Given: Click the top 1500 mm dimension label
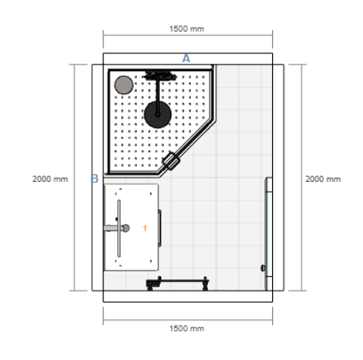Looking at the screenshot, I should click(x=186, y=28).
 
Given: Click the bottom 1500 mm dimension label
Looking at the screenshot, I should click(x=186, y=327).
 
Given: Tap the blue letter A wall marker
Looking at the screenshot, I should click(x=186, y=58).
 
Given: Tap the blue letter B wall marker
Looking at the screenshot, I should click(x=94, y=178).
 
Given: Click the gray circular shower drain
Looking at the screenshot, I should click(x=124, y=84).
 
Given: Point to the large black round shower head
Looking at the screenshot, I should click(x=157, y=114).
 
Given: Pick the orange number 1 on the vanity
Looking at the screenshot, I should click(x=145, y=227).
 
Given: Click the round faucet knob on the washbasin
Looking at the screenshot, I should click(x=125, y=227).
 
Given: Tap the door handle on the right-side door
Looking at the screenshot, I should click(x=262, y=268).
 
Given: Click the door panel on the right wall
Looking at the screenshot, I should click(x=268, y=234).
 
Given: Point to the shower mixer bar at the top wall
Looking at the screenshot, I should click(x=161, y=76).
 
